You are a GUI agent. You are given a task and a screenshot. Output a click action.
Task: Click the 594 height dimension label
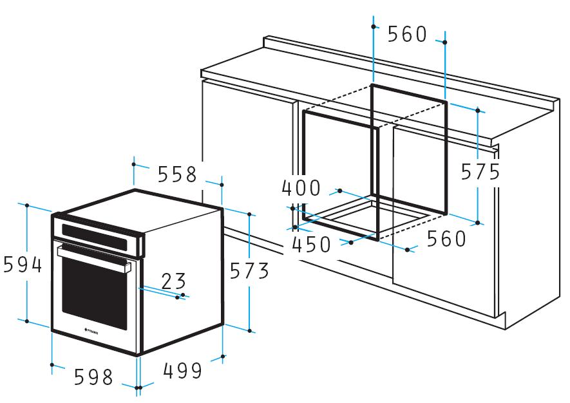[23, 265]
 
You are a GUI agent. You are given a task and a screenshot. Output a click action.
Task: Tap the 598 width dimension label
[93, 377]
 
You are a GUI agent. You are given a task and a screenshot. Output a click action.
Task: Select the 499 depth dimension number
[182, 370]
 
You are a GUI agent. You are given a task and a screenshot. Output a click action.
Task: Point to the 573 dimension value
[250, 271]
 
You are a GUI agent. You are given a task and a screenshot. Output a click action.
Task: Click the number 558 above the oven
[177, 174]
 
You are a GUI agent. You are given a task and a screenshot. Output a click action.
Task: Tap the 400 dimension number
[301, 188]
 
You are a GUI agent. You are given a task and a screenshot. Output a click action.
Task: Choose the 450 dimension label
[312, 245]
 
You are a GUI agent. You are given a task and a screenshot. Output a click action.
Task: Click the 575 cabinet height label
[480, 171]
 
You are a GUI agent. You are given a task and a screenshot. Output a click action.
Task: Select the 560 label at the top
[408, 34]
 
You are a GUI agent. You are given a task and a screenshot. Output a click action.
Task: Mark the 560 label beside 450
[446, 239]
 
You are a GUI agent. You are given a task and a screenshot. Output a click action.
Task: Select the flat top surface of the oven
[138, 205]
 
